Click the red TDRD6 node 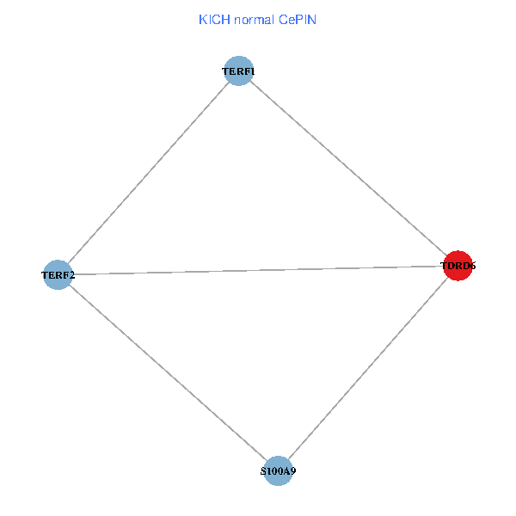click(458, 267)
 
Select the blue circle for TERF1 click(238, 71)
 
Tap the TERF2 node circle click(58, 275)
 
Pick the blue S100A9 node click(278, 471)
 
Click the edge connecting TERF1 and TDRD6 click(348, 169)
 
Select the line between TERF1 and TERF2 click(148, 173)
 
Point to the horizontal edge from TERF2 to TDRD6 click(258, 271)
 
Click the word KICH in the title click(212, 19)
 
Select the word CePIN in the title click(298, 19)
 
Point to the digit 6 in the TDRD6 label click(472, 267)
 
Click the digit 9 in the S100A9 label click(293, 472)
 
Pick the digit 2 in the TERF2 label click(71, 276)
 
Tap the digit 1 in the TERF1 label click(252, 71)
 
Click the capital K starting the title click(202, 19)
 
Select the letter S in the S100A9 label click(263, 472)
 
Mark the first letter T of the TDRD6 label click(444, 267)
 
